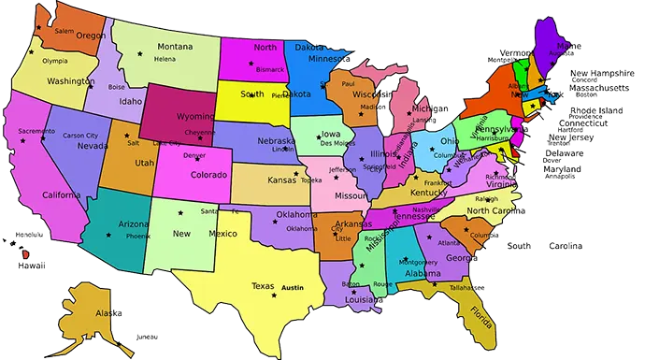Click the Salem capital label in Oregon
point(64,31)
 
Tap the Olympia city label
point(55,61)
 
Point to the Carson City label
point(79,136)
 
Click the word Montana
point(175,47)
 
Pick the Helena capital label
point(165,59)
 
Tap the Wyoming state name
point(196,118)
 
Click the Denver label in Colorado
point(194,155)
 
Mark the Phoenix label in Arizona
point(138,238)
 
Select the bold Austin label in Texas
point(294,287)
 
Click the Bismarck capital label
point(269,69)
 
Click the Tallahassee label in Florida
point(465,289)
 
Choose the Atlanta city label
point(448,243)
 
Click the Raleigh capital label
point(487,198)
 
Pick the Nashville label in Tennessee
point(426,210)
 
